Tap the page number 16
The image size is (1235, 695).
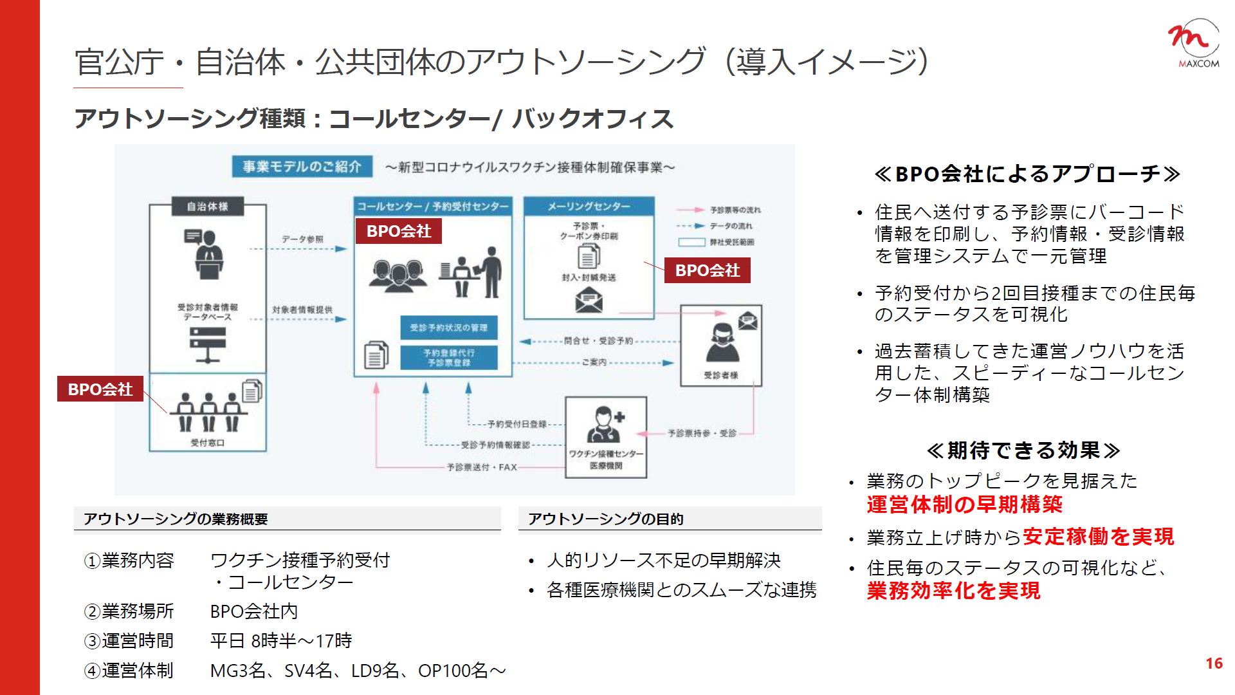tap(1214, 663)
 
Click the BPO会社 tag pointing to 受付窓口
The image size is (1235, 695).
tap(100, 389)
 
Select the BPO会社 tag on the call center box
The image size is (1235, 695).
tap(399, 231)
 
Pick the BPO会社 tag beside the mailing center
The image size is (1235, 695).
tap(708, 270)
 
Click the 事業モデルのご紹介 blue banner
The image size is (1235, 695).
tap(302, 167)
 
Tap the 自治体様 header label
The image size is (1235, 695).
tap(207, 207)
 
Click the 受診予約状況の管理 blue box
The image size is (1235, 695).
tap(449, 328)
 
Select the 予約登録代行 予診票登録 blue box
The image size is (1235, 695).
tap(449, 358)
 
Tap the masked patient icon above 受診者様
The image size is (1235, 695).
tap(722, 342)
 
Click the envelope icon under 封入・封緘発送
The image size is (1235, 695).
tap(589, 300)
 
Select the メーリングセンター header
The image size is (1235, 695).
tap(589, 207)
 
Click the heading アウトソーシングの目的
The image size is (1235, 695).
tap(605, 519)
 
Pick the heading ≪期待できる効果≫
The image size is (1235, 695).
tap(1023, 450)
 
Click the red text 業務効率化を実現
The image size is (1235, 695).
tap(953, 591)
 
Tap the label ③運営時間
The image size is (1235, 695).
tap(129, 641)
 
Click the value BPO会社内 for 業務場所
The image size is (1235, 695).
tap(253, 611)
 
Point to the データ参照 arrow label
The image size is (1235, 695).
tap(302, 239)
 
